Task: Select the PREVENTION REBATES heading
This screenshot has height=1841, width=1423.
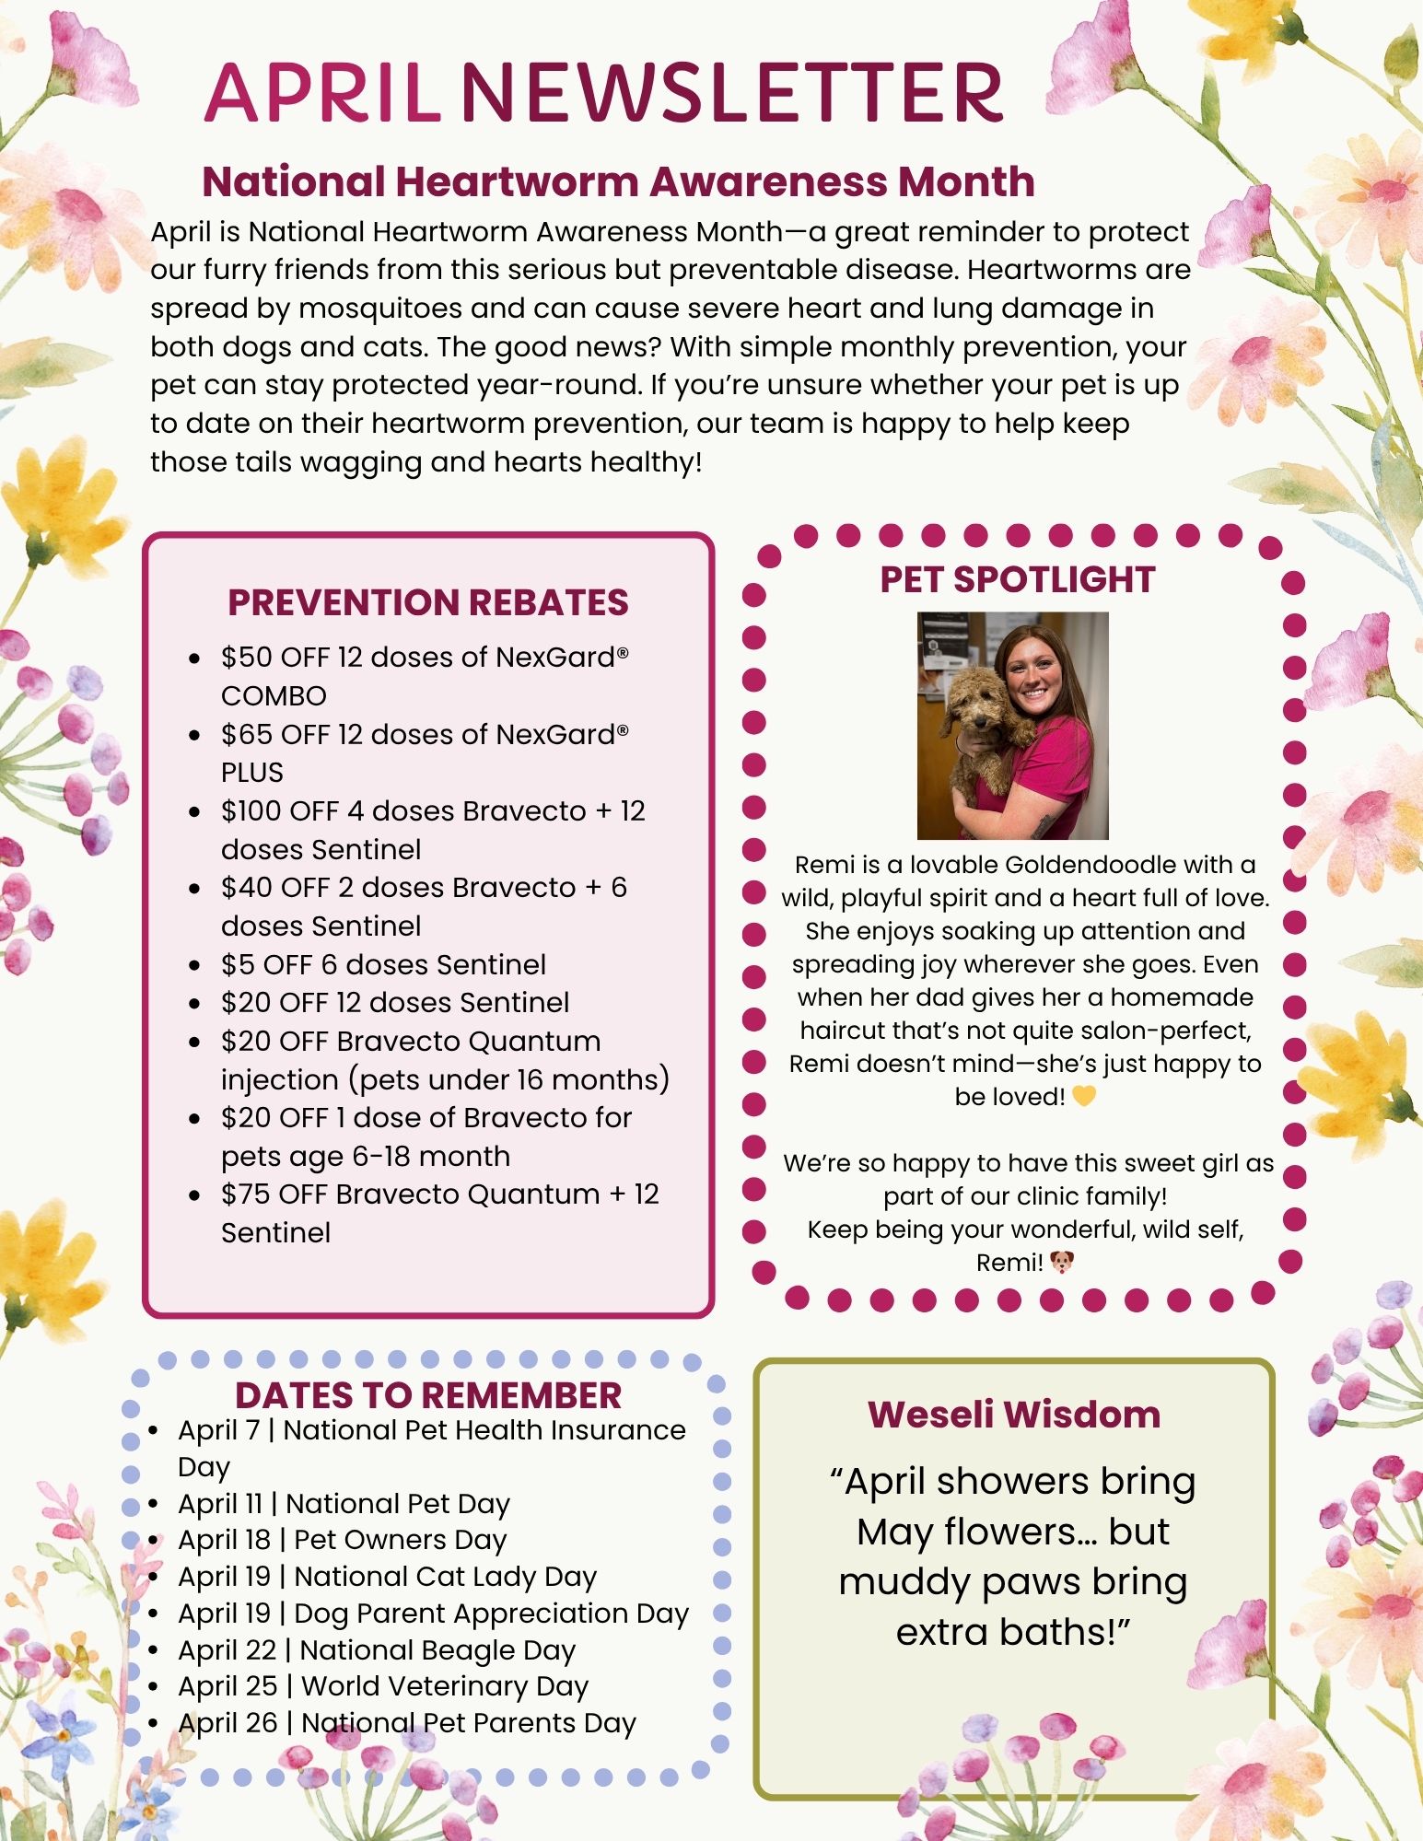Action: [428, 602]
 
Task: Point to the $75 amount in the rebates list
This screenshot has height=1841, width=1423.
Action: [245, 1194]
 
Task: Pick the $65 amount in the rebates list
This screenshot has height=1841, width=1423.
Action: [246, 735]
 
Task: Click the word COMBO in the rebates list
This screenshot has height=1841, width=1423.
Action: [274, 695]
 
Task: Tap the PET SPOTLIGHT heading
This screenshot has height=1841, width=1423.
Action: [1017, 579]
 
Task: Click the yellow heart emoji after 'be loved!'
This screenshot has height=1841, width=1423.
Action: [1084, 1097]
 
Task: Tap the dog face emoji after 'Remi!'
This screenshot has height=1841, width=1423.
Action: [1062, 1263]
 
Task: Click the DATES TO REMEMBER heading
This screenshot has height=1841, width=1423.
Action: [428, 1395]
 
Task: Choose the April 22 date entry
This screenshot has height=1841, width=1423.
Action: [227, 1649]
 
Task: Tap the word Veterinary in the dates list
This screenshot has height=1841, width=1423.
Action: [451, 1685]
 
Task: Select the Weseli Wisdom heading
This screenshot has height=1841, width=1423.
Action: [1014, 1415]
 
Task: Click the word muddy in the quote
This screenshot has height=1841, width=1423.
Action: [904, 1582]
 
